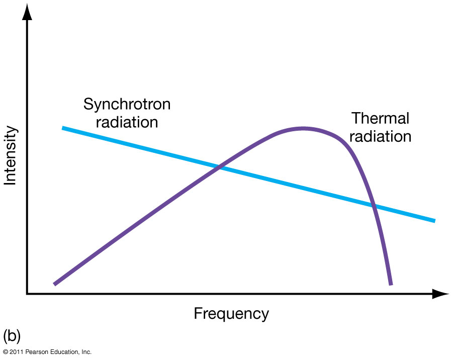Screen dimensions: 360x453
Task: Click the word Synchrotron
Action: point(127,105)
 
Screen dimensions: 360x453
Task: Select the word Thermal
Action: point(380,119)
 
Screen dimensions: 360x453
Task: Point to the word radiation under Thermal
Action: point(380,136)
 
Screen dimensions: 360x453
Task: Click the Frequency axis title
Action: point(231,314)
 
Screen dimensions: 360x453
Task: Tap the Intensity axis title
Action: point(11,156)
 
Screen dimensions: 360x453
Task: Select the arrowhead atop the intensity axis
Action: point(27,11)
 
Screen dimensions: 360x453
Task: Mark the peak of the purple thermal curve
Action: point(303,129)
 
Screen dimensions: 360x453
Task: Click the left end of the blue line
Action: point(63,128)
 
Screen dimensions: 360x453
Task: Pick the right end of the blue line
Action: point(434,220)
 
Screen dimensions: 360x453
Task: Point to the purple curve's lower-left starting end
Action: point(55,284)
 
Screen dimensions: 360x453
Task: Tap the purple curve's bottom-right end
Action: point(390,284)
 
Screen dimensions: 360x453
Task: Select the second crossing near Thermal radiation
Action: point(373,205)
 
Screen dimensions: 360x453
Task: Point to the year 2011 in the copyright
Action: point(17,352)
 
